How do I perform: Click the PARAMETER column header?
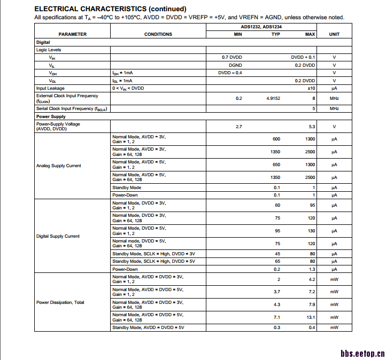point(72,34)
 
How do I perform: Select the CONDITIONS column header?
point(158,34)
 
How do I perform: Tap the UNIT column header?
point(334,34)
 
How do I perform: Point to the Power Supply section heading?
point(51,116)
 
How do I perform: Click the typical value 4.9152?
point(273,98)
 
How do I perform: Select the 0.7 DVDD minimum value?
point(231,57)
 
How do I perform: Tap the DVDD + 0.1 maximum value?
point(303,57)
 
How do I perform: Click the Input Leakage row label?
point(50,88)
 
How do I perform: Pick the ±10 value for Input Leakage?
point(311,88)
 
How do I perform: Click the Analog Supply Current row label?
point(59,166)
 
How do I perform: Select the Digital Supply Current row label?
point(58,236)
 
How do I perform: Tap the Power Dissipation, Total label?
point(60,302)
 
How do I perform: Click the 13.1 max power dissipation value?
point(310,317)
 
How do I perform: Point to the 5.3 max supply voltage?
point(312,127)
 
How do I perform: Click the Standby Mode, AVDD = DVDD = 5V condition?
point(147,327)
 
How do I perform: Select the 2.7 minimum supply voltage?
point(239,127)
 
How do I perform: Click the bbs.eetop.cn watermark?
point(362,353)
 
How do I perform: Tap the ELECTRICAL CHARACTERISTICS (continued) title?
point(110,9)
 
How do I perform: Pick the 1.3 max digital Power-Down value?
point(312,269)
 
